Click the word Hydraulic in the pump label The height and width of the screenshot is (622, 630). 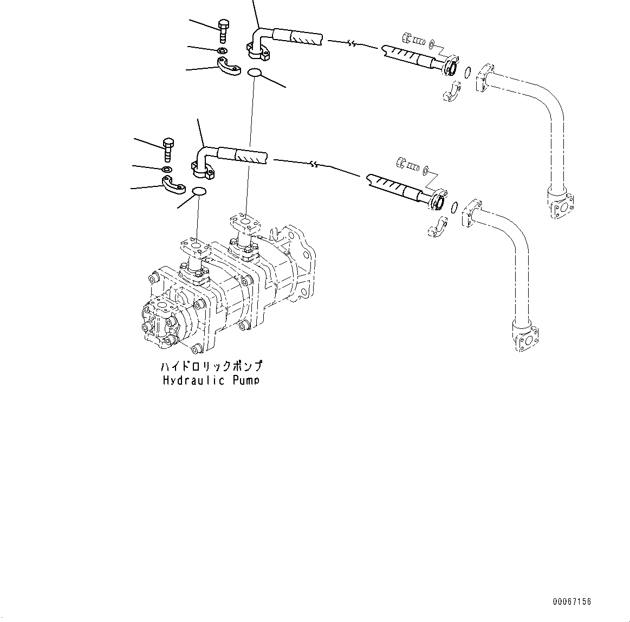194,380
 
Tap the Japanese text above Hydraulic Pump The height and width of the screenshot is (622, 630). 212,366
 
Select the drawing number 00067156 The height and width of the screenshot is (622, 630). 572,602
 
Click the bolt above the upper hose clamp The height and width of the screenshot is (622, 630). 223,30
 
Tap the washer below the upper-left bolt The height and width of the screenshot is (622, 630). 223,51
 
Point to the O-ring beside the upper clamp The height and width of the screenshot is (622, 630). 255,72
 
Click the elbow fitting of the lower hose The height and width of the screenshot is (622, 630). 203,164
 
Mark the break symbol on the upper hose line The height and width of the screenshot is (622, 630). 352,44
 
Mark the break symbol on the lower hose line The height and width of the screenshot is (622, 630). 313,164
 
